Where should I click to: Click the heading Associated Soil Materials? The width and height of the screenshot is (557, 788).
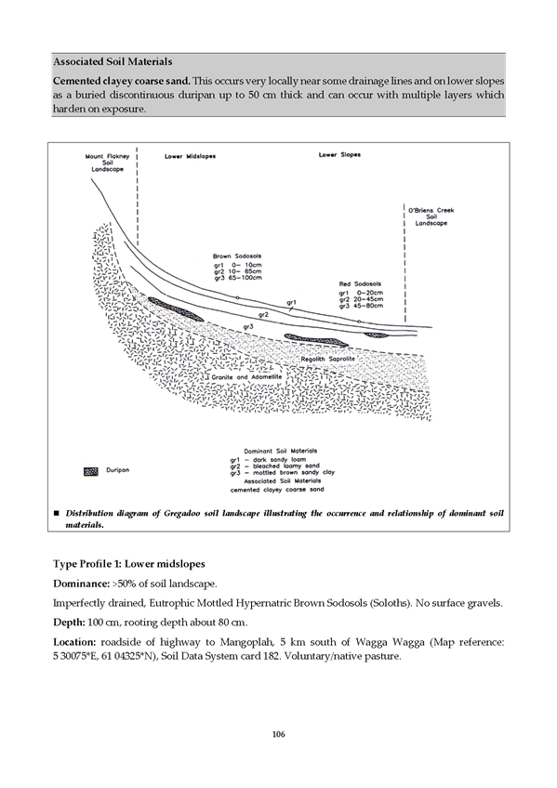point(113,62)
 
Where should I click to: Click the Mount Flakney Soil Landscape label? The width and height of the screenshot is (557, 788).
point(107,163)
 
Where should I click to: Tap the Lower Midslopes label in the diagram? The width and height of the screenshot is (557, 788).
point(190,156)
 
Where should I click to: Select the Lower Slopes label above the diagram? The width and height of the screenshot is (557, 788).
point(339,155)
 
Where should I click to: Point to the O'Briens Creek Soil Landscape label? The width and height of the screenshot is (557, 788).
point(431,217)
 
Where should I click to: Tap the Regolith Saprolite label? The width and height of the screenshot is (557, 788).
point(327,360)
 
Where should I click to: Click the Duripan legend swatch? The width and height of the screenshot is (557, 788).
point(91,471)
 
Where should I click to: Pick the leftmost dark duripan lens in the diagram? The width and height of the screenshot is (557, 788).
point(175,309)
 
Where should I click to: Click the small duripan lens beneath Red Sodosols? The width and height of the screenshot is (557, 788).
point(377,335)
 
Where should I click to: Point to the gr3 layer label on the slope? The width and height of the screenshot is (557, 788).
point(247,327)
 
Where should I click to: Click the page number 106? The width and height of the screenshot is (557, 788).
point(279,734)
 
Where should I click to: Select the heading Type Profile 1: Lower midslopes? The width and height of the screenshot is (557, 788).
point(129,564)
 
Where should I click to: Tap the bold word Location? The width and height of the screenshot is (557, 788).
point(74,642)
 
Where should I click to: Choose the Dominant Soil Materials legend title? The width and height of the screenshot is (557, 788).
point(281,451)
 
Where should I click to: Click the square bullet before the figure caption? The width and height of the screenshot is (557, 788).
point(56,513)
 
